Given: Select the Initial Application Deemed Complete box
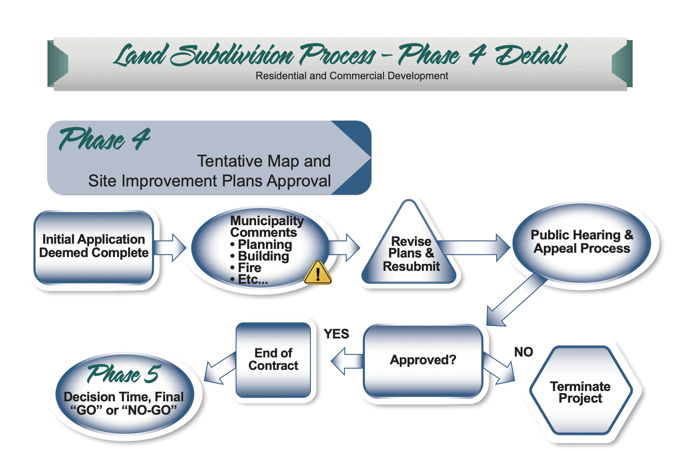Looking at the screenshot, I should tap(94, 247).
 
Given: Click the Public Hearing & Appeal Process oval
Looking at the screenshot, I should tap(582, 242).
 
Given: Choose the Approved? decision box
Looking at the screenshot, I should tap(423, 360).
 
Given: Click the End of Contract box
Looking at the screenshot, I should tap(273, 360).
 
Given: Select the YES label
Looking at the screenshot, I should tap(336, 334).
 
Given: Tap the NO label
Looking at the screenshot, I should tap(523, 352).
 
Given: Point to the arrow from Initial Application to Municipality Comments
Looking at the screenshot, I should tap(170, 248).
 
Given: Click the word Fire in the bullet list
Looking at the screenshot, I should tap(249, 268).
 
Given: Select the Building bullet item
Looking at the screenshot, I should tap(263, 256).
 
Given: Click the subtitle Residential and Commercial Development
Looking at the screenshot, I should tap(352, 76).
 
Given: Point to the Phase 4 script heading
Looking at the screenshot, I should tap(104, 140).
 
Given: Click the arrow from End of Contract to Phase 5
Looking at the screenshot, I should tap(219, 368).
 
